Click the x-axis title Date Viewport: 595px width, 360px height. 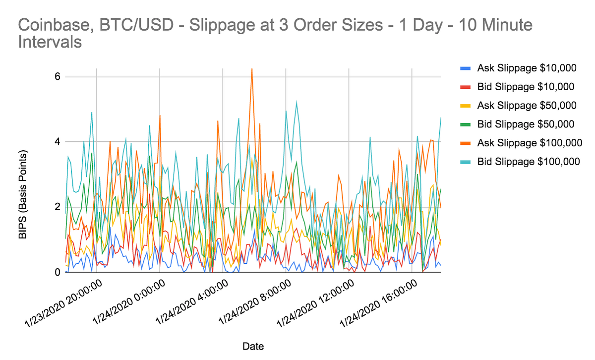tap(253, 346)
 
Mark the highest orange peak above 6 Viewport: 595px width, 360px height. tap(252, 69)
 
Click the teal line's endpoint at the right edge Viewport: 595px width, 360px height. tap(440, 118)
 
